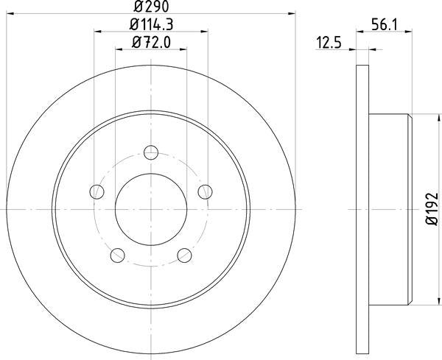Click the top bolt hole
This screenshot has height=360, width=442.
(x=151, y=152)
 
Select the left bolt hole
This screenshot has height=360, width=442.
(x=96, y=192)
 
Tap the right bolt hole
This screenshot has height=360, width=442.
(x=206, y=192)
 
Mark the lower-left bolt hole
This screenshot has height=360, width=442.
(x=117, y=256)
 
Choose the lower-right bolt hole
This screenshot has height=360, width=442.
(x=185, y=256)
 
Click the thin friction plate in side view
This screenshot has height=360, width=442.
(x=362, y=210)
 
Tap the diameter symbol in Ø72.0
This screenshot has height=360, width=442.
(x=137, y=43)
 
